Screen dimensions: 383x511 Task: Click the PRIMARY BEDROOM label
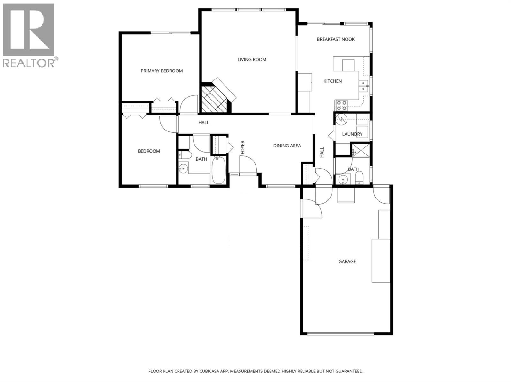coord(162,71)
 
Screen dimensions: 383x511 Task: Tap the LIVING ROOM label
coord(252,59)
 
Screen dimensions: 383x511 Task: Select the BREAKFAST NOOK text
coord(336,39)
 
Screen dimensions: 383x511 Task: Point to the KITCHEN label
coord(332,81)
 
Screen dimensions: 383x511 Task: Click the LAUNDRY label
coord(352,134)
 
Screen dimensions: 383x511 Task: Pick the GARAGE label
coord(347,261)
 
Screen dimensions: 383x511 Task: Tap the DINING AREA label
coord(287,146)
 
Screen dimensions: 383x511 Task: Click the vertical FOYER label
coord(243,147)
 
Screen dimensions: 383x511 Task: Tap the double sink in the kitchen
coord(363,86)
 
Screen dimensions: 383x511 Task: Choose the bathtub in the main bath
coord(219,170)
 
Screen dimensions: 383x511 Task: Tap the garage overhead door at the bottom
coord(340,334)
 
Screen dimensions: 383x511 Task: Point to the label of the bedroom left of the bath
coord(149,151)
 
